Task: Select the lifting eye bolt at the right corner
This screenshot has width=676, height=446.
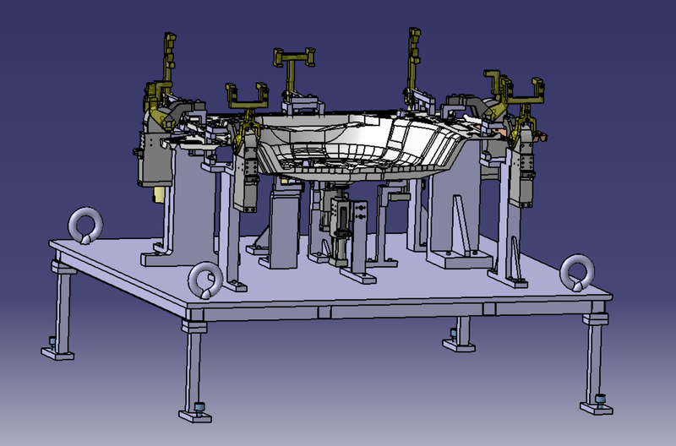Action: (576, 272)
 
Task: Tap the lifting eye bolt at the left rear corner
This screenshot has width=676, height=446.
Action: (84, 226)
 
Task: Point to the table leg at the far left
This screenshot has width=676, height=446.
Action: (62, 304)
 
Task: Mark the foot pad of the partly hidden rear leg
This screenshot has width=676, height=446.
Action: (456, 341)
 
